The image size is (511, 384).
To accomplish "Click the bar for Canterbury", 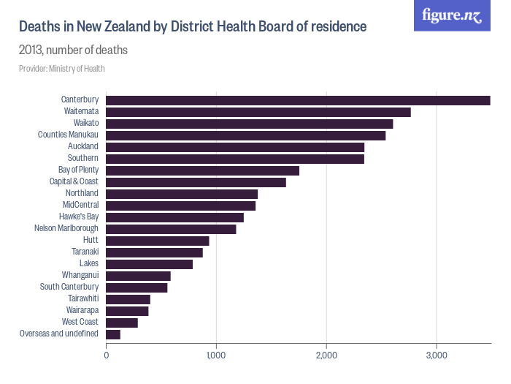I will pyautogui.click(x=298, y=100).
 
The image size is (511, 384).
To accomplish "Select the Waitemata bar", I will pyautogui.click(x=258, y=112).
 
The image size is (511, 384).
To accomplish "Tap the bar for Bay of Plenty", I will pyautogui.click(x=203, y=170).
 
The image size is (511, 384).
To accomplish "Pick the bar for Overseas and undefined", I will pyautogui.click(x=113, y=334).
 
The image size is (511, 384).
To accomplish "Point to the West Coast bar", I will pyautogui.click(x=122, y=323).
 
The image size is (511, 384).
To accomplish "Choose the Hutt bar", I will pyautogui.click(x=158, y=241).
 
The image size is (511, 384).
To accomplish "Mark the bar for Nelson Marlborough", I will pyautogui.click(x=172, y=229).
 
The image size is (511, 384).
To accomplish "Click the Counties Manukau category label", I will pyautogui.click(x=68, y=135).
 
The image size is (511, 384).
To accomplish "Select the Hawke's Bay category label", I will pyautogui.click(x=79, y=217).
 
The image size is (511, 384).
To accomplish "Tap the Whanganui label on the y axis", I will pyautogui.click(x=80, y=275).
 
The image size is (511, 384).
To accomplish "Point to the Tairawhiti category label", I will pyautogui.click(x=82, y=298).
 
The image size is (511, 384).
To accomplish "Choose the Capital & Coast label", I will pyautogui.click(x=74, y=181).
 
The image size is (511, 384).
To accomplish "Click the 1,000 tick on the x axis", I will pyautogui.click(x=216, y=355).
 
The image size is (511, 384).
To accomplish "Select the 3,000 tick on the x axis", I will pyautogui.click(x=436, y=355).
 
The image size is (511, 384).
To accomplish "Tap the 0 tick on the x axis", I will pyautogui.click(x=107, y=355).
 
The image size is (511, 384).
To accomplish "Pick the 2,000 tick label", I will pyautogui.click(x=326, y=355).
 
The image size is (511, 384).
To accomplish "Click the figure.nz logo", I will pyautogui.click(x=452, y=16).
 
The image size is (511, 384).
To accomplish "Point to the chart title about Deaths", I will pyautogui.click(x=192, y=27).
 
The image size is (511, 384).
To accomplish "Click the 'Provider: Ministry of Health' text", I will pyautogui.click(x=62, y=69).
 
